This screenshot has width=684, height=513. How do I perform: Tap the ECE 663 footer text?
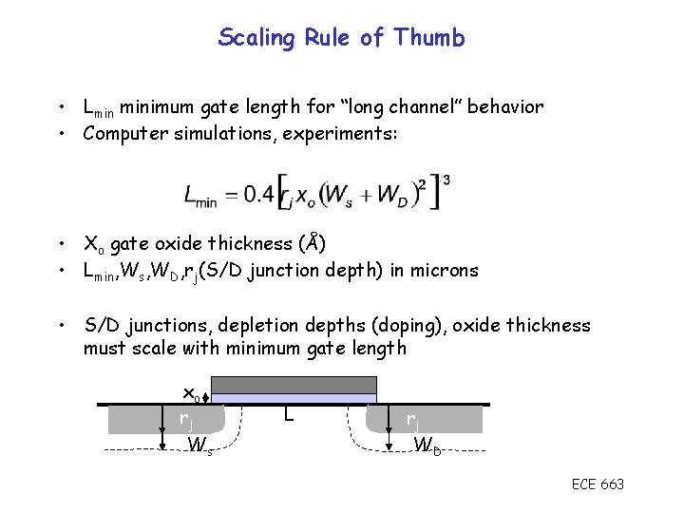coord(598,484)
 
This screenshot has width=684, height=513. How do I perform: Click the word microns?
coord(446,270)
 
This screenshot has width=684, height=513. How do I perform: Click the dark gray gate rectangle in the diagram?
coord(294,384)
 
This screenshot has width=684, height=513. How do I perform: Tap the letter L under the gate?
coord(288,414)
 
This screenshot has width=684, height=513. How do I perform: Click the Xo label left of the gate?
coord(189,392)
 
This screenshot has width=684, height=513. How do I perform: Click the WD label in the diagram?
coord(427,444)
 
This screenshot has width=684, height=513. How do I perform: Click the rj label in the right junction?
coord(412,418)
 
